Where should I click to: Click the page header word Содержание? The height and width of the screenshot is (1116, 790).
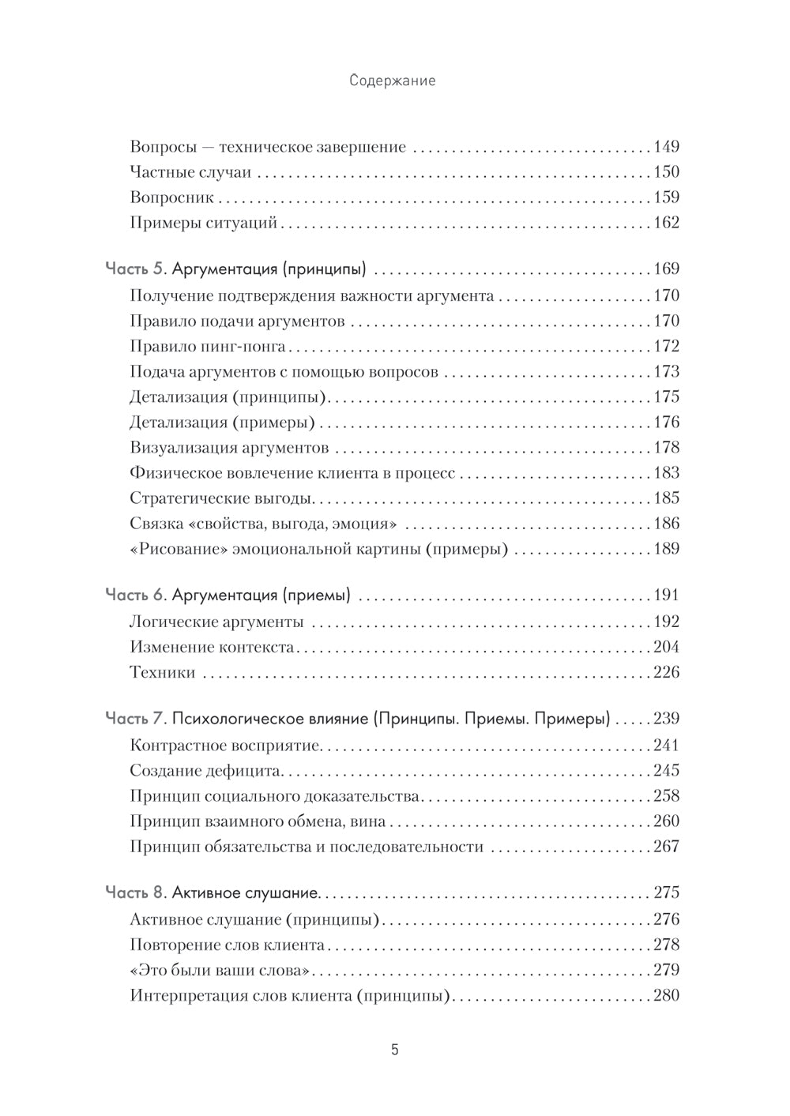[392, 81]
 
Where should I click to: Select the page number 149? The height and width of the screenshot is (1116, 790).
[666, 147]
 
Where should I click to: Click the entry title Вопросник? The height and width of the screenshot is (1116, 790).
[171, 197]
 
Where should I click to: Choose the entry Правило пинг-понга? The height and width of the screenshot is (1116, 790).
[207, 346]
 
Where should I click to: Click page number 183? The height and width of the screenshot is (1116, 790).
[666, 472]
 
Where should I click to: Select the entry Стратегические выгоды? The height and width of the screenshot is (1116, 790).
[222, 498]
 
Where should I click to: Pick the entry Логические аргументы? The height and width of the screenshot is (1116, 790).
[216, 622]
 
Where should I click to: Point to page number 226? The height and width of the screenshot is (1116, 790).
[666, 672]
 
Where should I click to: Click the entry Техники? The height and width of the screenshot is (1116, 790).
[162, 673]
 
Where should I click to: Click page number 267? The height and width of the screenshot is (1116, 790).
[666, 847]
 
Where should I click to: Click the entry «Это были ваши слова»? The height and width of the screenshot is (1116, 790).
[217, 970]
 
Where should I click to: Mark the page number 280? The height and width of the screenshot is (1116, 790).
[666, 995]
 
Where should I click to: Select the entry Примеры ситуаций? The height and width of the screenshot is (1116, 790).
[204, 223]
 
